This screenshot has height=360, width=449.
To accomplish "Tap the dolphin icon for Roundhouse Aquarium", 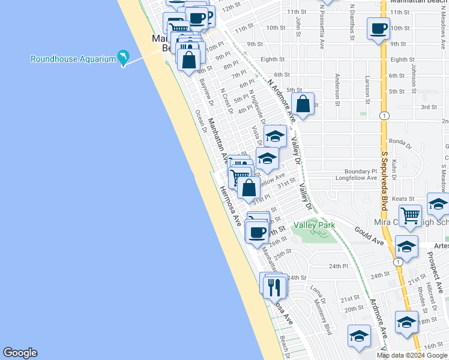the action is (x=124, y=58).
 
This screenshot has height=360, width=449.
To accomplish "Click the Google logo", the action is (x=20, y=353).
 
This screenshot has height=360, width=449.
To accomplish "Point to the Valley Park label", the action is (x=314, y=225).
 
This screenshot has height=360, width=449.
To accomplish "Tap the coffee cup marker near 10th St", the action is (x=379, y=29).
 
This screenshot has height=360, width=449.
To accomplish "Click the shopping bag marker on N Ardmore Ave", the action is (x=303, y=104).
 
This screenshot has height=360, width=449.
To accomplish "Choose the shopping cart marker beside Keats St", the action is (x=411, y=214).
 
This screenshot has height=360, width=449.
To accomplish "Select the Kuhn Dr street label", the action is (x=394, y=169).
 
